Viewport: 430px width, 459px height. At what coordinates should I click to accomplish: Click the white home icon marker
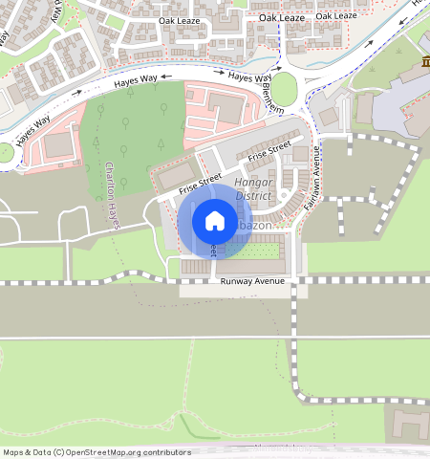pos(215,221)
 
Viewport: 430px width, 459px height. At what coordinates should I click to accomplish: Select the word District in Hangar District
pos(253,195)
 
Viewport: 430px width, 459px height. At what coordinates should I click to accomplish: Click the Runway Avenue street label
pos(252,281)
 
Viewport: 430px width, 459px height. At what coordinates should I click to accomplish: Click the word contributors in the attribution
pos(164,452)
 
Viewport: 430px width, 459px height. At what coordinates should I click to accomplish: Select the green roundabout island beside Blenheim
pos(285,90)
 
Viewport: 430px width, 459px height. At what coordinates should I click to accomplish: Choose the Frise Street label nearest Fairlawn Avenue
pos(269,151)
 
